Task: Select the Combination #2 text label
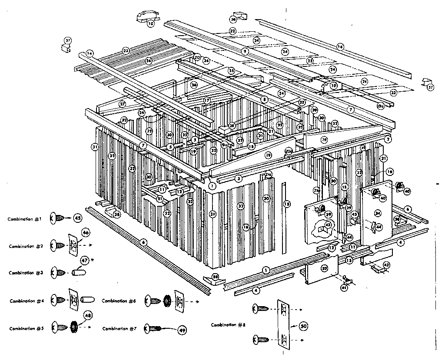28,246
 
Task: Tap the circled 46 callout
85,234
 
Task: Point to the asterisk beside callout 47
92,260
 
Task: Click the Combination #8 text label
230,325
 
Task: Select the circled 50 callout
303,325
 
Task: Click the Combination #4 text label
28,301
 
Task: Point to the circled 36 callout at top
233,20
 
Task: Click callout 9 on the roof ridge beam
245,51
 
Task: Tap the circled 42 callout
385,264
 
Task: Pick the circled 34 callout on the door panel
377,213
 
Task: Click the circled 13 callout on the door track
349,260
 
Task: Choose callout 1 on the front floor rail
265,270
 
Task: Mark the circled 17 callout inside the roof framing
207,100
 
